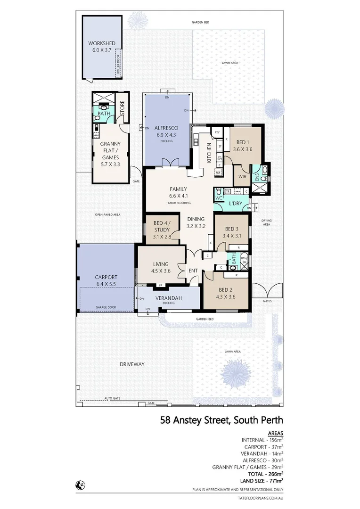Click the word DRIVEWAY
click(x=132, y=364)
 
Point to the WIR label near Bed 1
click(x=243, y=176)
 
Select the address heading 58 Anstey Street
click(x=221, y=419)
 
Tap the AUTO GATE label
click(x=112, y=398)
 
